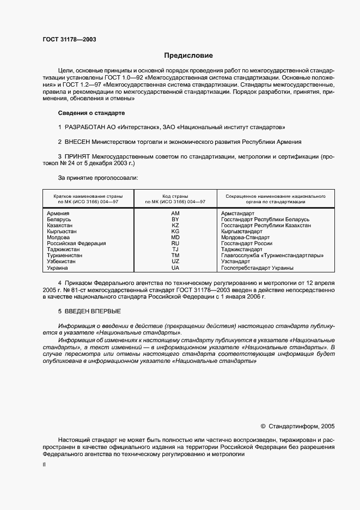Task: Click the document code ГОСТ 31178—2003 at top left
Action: coord(66,39)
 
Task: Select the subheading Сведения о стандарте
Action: coord(91,113)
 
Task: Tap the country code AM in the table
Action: coord(175,213)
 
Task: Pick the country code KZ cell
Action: coord(175,225)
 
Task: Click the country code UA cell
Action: coord(175,268)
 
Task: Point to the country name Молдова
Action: coord(58,238)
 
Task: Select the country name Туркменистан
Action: coord(65,255)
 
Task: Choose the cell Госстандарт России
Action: coord(247,244)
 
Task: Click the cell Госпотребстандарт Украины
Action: coord(257,268)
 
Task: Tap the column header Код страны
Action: coord(175,196)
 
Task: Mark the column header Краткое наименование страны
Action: coord(88,196)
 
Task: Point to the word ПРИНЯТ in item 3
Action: coord(78,156)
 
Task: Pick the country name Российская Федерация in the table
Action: coord(76,244)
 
